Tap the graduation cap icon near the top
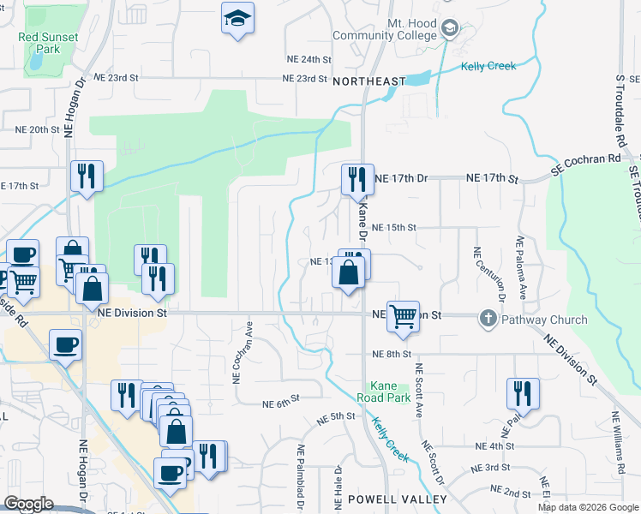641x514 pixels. click(x=237, y=19)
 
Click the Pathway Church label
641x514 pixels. click(x=544, y=320)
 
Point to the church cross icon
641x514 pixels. click(x=488, y=320)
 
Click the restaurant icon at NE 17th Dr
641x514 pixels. click(x=357, y=179)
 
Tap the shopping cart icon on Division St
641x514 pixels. click(x=402, y=315)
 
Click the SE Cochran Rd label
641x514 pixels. click(x=585, y=165)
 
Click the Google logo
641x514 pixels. click(x=28, y=504)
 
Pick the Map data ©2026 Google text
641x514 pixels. click(x=588, y=507)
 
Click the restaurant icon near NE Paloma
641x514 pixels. click(x=523, y=393)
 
